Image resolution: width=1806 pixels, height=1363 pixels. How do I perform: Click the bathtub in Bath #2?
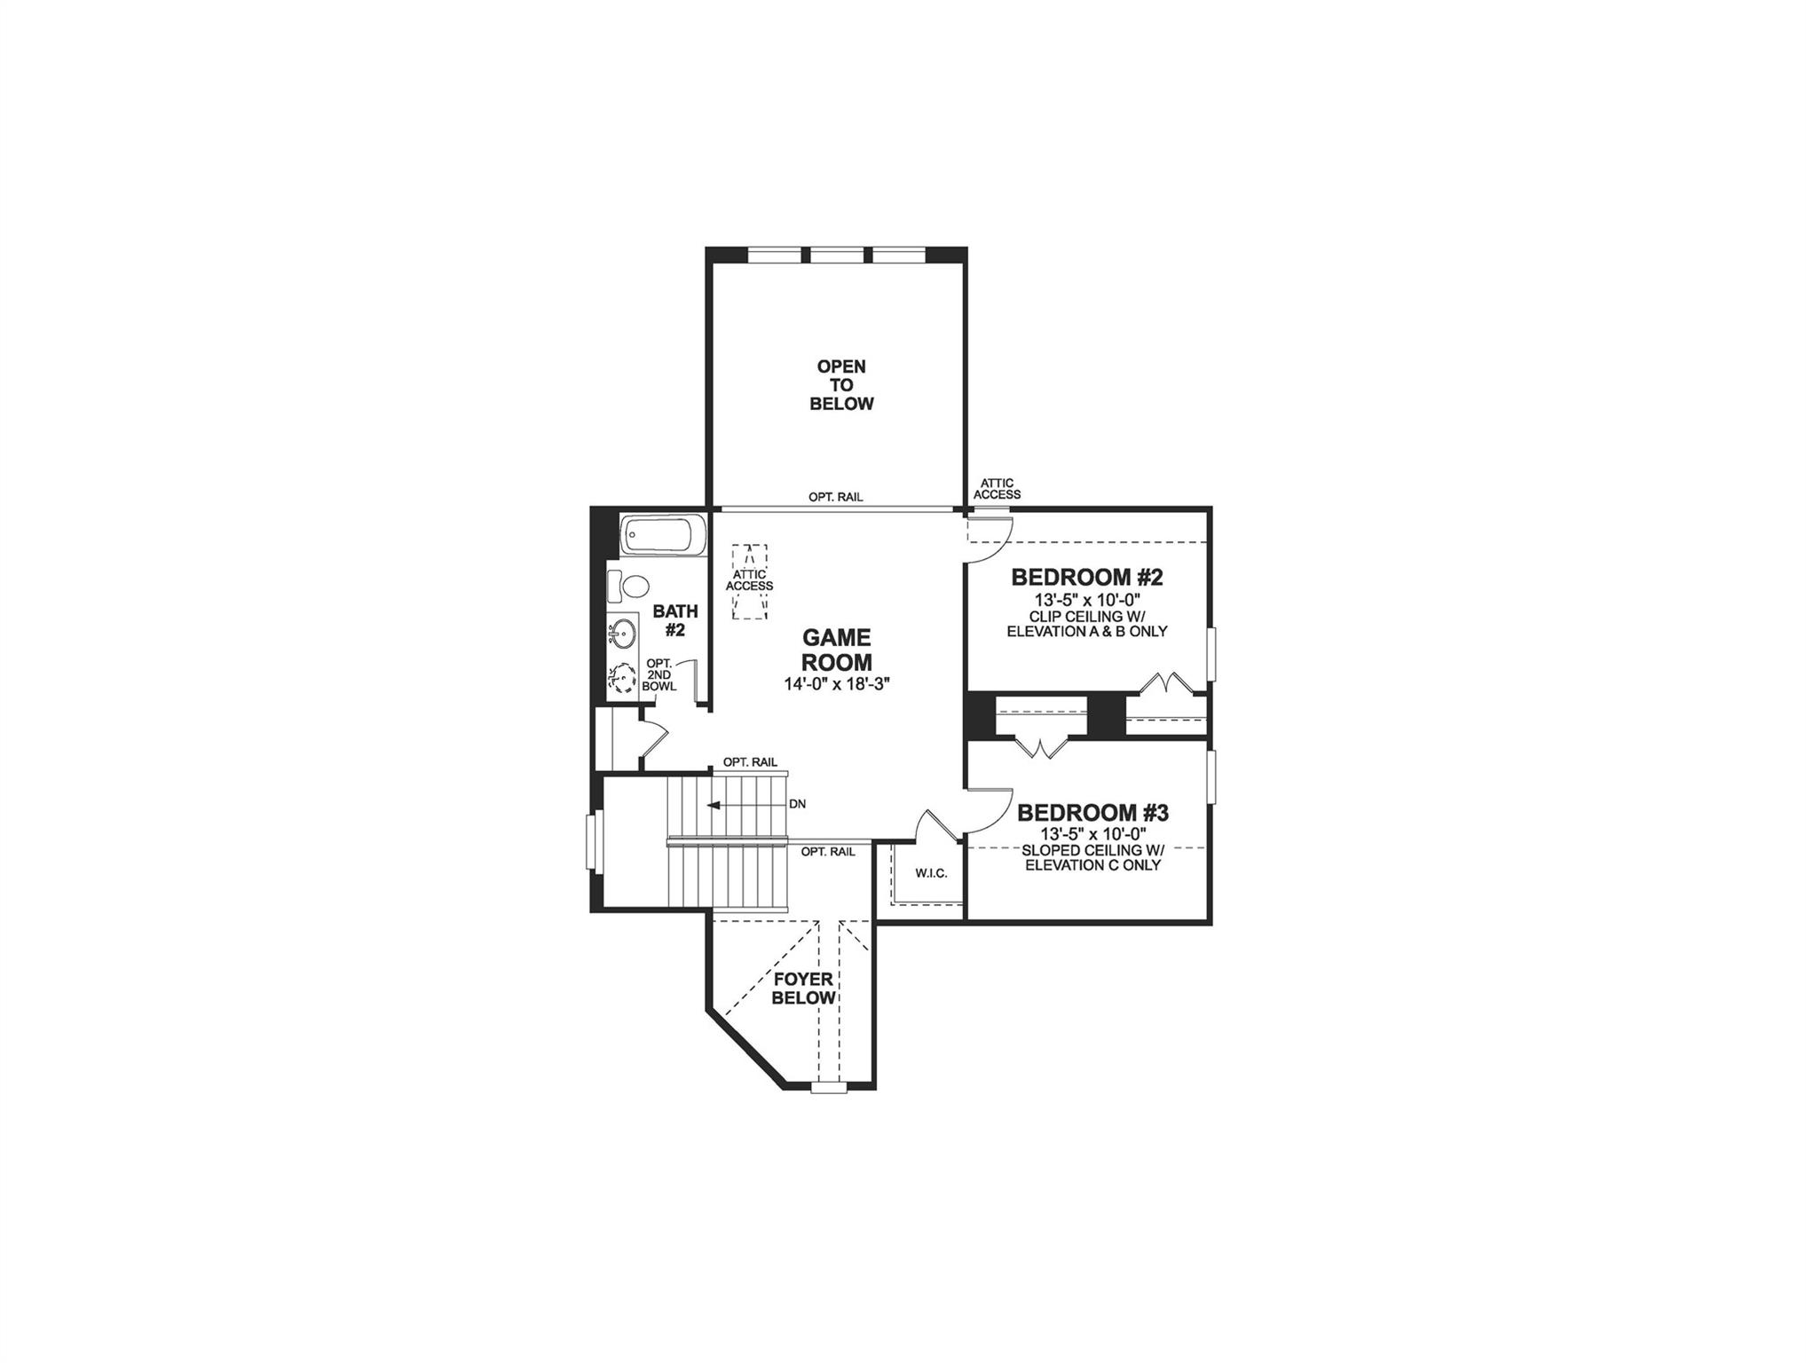[664, 536]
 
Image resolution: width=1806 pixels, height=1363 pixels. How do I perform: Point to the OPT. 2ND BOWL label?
[660, 675]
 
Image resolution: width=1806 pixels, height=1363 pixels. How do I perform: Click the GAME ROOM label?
[837, 650]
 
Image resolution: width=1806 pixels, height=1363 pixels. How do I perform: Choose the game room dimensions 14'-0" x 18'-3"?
[836, 684]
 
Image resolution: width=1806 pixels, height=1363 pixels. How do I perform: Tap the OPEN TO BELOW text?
[841, 385]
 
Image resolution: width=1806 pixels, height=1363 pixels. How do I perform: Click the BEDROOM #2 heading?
[1086, 578]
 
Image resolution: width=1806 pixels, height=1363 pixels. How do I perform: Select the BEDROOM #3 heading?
[1092, 813]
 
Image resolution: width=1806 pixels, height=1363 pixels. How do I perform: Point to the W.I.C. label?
[931, 873]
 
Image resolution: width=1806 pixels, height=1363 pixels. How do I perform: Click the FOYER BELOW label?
[803, 989]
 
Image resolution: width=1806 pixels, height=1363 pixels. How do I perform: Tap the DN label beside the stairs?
[797, 804]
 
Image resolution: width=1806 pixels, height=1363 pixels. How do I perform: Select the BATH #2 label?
[675, 620]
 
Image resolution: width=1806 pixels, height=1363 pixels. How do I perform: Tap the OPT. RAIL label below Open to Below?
[835, 498]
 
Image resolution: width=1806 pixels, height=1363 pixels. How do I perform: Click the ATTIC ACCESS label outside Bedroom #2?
[998, 489]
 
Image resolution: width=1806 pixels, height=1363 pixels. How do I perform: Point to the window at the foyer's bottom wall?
[829, 1086]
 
